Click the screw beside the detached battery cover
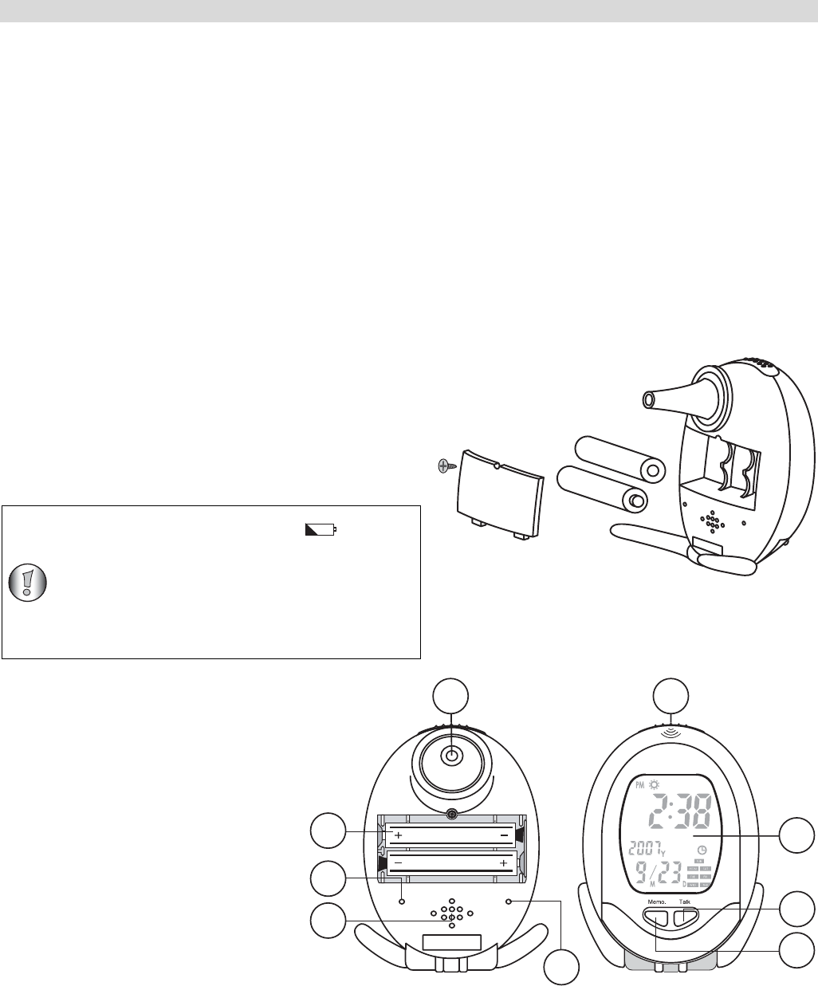tap(444, 467)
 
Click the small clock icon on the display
tap(702, 849)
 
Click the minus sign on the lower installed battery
tap(398, 863)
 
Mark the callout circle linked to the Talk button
tap(798, 909)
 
